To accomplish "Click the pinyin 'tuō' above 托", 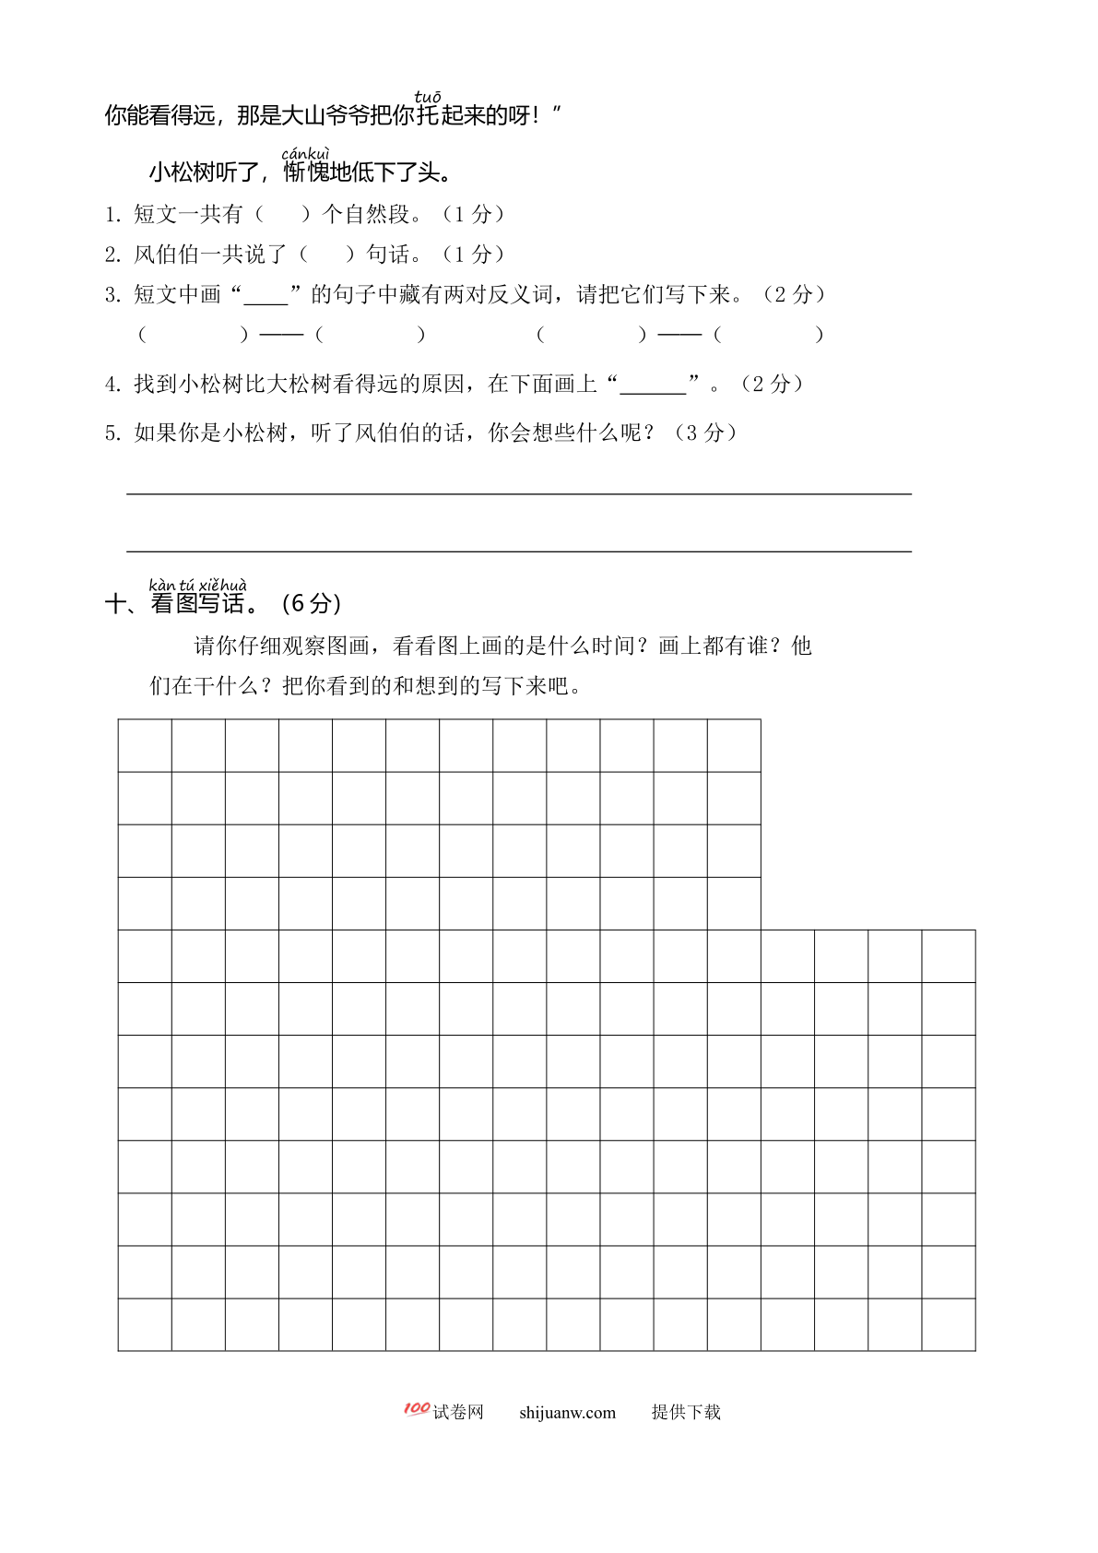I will point(428,97).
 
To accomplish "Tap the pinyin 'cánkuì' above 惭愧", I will point(305,153).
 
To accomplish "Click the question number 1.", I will point(112,215).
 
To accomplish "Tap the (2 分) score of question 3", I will point(794,295).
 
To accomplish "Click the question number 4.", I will point(112,385).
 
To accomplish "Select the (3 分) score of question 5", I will point(706,433).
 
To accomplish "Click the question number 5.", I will point(112,433).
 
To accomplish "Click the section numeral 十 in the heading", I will point(117,604).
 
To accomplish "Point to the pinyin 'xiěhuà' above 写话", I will point(223,586).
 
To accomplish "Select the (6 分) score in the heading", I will point(312,604).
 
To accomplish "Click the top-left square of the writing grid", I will point(145,745).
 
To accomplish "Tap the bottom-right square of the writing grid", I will point(949,1324).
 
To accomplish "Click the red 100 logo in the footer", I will point(417,1408).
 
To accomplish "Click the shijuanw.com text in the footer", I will point(567,1413).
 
